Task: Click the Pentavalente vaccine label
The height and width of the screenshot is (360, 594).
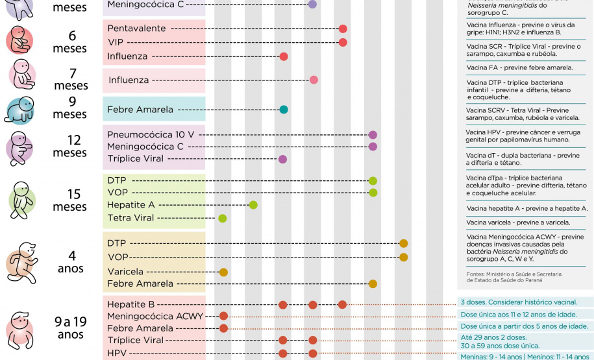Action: [x=136, y=29]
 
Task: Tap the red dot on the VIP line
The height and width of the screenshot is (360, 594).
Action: [x=343, y=42]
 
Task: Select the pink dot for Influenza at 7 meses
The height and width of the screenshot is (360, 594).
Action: [x=314, y=80]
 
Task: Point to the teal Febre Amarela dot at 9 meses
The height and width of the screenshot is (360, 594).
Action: [x=284, y=110]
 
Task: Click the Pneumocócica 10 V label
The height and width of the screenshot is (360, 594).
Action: [x=151, y=134]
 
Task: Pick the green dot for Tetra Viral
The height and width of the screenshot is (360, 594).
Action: [x=223, y=218]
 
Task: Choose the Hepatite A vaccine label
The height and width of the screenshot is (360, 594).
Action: [x=130, y=205]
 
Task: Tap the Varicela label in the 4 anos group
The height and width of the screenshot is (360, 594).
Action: [x=125, y=271]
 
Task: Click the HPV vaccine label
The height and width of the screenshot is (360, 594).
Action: [x=118, y=354]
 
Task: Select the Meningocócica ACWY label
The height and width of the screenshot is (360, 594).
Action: [x=155, y=316]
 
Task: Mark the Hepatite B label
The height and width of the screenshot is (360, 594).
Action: [x=132, y=304]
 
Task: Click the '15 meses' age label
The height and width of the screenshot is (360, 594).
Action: [x=70, y=200]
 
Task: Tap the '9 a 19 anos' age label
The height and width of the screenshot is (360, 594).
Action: [x=70, y=327]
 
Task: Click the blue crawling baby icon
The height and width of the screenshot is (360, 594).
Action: [x=19, y=110]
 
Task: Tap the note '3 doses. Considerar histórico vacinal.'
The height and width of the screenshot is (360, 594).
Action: [x=519, y=302]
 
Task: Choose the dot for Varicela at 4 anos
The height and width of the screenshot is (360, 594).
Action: [x=224, y=272]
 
